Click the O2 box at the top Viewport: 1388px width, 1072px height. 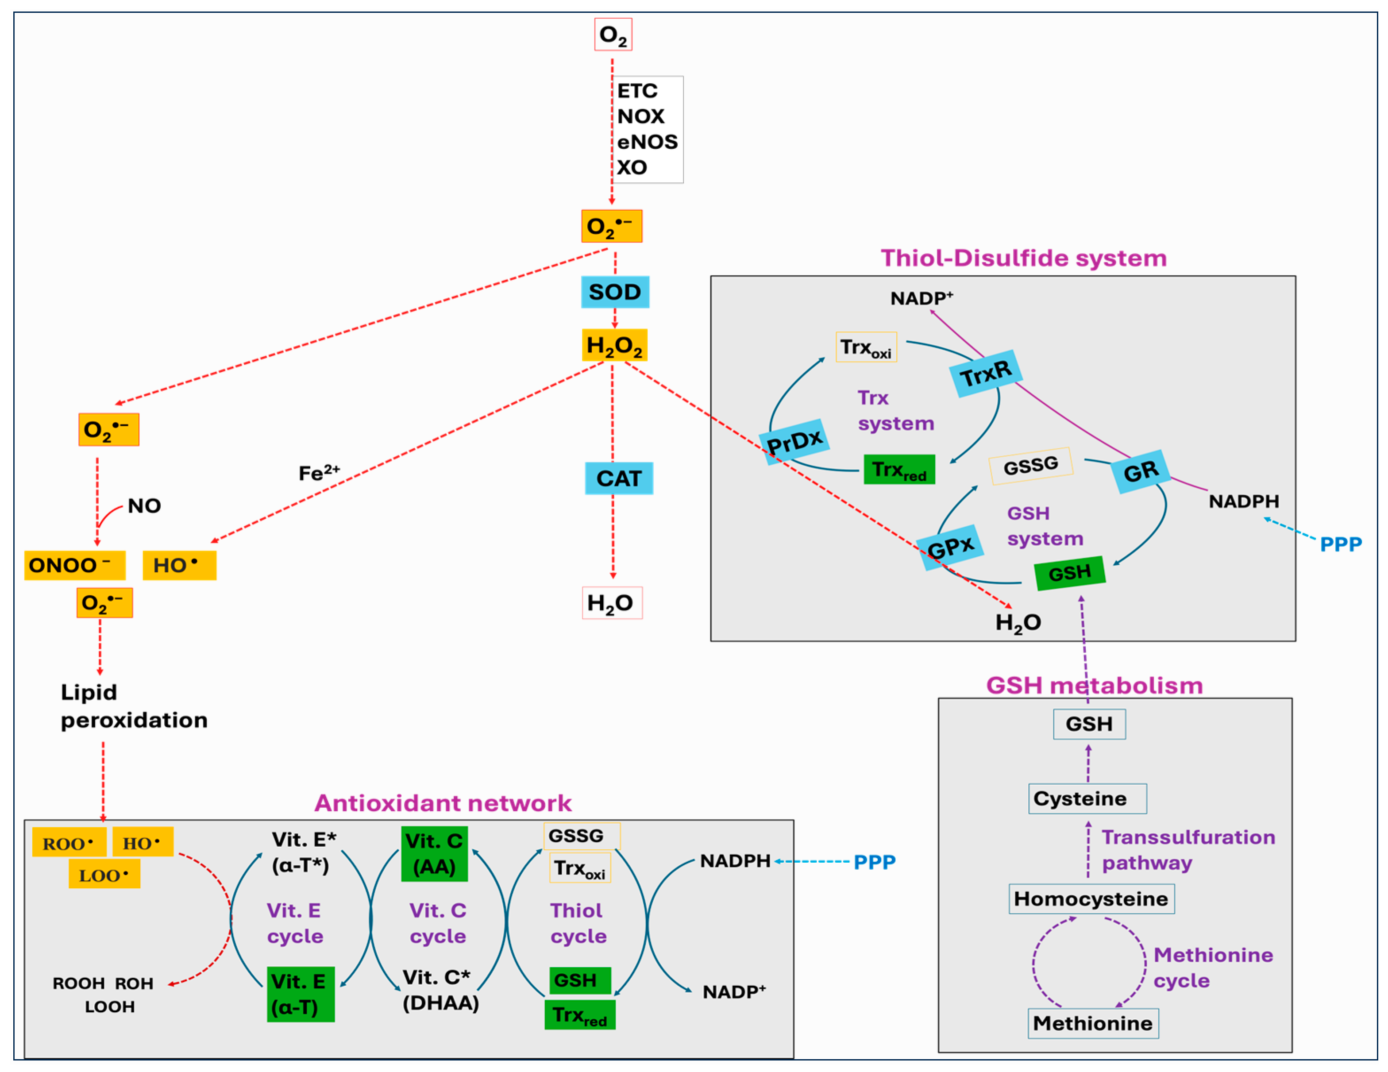(x=613, y=35)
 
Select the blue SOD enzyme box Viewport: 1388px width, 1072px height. (x=615, y=292)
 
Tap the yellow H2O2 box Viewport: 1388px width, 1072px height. (x=614, y=345)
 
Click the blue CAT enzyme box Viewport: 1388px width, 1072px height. (x=618, y=478)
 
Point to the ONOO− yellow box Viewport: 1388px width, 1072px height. (x=74, y=565)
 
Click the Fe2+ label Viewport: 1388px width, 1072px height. (x=319, y=473)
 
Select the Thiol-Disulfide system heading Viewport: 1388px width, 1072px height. (x=1023, y=258)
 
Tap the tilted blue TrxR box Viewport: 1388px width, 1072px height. (x=985, y=373)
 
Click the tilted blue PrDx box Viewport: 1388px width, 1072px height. (x=794, y=441)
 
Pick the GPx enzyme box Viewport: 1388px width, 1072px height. (x=951, y=547)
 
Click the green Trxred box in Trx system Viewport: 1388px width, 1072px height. (x=898, y=470)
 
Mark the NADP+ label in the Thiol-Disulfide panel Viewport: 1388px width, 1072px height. (x=921, y=298)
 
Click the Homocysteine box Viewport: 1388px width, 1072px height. (x=1091, y=898)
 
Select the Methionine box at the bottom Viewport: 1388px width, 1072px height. (x=1092, y=1023)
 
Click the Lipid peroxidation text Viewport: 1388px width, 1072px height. (x=134, y=706)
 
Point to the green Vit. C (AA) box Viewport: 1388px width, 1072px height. (x=434, y=853)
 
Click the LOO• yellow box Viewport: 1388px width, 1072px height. (x=104, y=875)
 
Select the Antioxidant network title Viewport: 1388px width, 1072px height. (x=443, y=803)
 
